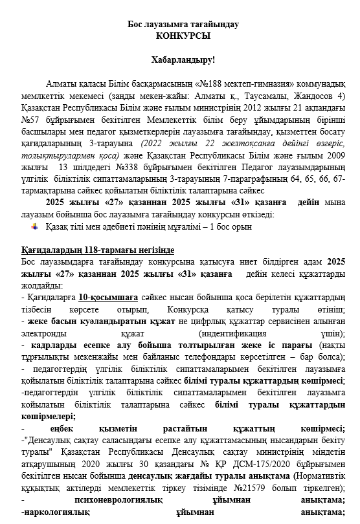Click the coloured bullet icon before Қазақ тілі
[x=35, y=226]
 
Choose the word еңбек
[x=63, y=428]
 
